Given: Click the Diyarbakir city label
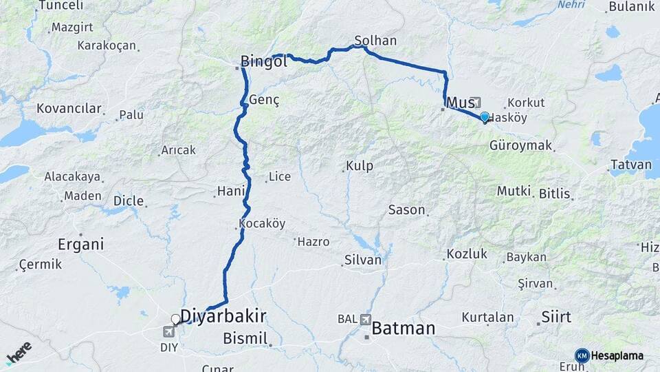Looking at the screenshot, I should click(x=224, y=316).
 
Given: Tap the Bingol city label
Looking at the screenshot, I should click(x=263, y=62).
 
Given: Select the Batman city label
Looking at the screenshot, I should click(x=404, y=329).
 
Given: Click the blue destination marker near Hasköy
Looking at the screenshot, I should click(x=485, y=117).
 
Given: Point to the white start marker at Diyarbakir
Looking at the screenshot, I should click(x=176, y=319).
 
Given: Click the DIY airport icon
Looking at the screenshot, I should click(x=169, y=333).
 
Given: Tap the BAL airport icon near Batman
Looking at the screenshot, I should click(x=364, y=320).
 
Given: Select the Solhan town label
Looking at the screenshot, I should click(x=376, y=41).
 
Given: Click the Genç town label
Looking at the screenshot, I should click(x=265, y=100).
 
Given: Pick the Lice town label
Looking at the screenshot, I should click(x=279, y=177).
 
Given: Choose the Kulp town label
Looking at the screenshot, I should click(x=359, y=166).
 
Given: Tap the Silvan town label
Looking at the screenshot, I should click(x=363, y=260).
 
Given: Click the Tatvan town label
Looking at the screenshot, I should click(x=630, y=165).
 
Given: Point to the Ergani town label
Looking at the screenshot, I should click(x=81, y=244).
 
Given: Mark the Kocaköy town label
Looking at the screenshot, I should click(x=262, y=223).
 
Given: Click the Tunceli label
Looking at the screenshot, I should click(x=60, y=6).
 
